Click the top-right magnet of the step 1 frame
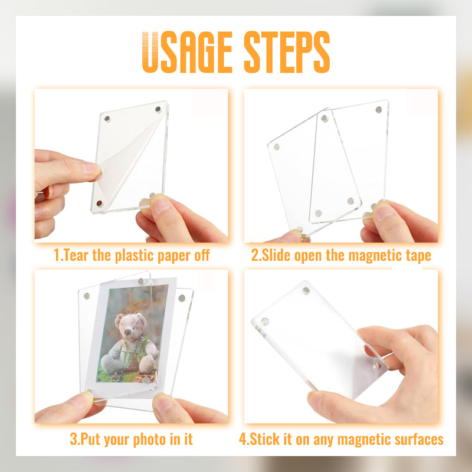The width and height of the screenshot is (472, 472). click(158, 109)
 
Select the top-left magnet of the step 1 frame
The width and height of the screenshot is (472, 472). click(107, 120)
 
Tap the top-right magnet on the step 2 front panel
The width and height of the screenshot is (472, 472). click(378, 110)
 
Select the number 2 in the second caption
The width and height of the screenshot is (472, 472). click(254, 256)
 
